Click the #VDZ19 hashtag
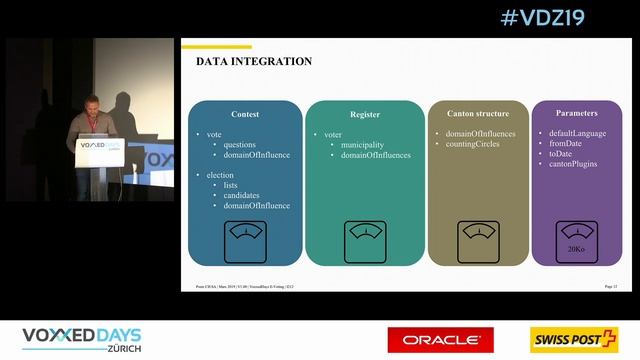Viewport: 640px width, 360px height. [541, 18]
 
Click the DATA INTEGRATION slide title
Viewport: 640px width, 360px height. [254, 62]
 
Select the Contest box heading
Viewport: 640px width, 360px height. [244, 114]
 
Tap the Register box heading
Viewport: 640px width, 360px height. [365, 114]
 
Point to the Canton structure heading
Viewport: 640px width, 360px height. [478, 113]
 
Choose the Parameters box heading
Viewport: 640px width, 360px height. [576, 113]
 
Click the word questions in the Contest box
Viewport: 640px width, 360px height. [239, 144]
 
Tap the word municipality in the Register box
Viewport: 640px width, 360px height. [363, 144]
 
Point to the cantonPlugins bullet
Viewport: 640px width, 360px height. [574, 164]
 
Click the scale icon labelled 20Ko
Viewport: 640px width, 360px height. [576, 239]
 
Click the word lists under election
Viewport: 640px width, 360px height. [231, 185]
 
